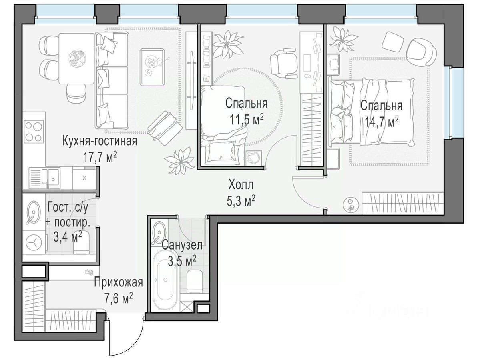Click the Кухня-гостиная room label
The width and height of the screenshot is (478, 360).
100,141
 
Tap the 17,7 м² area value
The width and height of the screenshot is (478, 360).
100,157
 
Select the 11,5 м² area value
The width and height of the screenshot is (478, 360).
247,119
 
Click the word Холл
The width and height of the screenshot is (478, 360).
241,184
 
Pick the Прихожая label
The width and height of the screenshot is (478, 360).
118,282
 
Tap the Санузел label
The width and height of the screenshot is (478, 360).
182,245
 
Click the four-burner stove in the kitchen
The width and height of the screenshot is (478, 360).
34,132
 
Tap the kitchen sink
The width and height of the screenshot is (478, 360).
51,178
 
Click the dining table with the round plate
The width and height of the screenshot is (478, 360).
76,58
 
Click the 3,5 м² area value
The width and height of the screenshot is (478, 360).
182,260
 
